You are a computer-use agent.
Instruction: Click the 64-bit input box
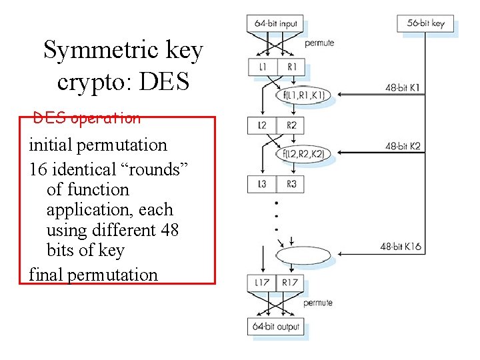[276, 23]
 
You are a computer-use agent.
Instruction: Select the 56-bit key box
[425, 23]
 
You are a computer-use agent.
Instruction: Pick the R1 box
[291, 67]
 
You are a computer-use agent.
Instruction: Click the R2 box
[291, 125]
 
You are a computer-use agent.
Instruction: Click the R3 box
[291, 184]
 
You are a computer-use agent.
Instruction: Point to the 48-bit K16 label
[401, 247]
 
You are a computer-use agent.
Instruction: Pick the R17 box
[291, 283]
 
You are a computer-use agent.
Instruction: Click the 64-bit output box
[276, 327]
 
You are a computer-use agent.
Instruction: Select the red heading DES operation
[87, 119]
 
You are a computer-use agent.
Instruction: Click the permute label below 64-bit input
[319, 43]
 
